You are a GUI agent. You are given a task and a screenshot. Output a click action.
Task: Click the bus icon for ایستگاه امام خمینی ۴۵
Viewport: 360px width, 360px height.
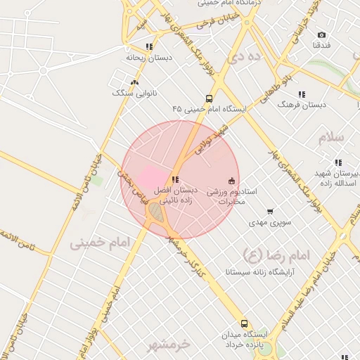(x=209, y=98)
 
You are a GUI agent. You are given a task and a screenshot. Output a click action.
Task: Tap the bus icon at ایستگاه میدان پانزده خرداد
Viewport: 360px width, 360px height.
(x=244, y=323)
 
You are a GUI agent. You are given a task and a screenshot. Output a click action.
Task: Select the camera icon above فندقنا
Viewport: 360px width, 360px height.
(x=321, y=34)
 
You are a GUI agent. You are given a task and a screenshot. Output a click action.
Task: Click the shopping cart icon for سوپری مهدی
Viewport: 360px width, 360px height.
(x=270, y=212)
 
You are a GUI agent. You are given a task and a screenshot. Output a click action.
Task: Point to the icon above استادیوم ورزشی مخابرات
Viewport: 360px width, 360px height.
(x=233, y=180)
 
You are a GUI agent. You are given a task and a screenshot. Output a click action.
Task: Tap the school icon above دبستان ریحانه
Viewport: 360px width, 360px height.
(x=148, y=46)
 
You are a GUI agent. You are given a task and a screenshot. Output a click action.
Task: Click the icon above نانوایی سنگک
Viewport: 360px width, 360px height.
(x=134, y=82)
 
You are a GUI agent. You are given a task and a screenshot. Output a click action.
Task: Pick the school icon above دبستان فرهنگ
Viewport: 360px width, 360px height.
(x=302, y=94)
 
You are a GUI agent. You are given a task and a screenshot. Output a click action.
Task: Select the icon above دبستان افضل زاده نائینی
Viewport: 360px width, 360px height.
(x=175, y=179)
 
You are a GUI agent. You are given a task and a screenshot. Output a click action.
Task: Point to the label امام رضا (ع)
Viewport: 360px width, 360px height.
(x=262, y=252)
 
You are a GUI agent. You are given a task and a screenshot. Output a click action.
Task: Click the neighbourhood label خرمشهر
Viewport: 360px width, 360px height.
(x=169, y=345)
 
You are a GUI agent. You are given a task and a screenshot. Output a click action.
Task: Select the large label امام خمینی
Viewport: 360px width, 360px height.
(x=101, y=243)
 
